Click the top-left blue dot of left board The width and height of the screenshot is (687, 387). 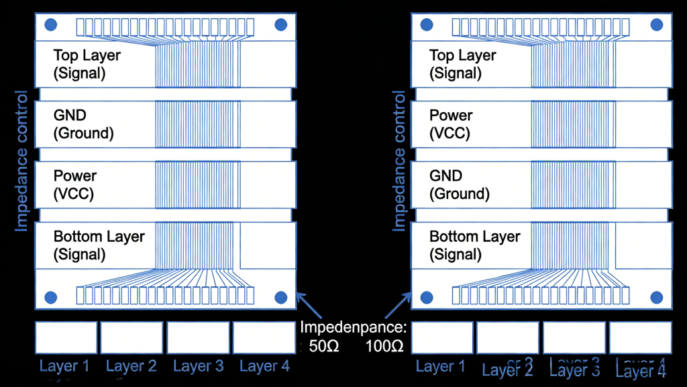[x=50, y=26]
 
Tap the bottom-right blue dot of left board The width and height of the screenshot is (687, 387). [x=281, y=297]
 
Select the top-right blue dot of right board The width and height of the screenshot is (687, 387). [x=657, y=26]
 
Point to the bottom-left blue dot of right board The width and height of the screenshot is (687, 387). [x=426, y=297]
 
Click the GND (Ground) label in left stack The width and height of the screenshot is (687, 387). [x=83, y=124]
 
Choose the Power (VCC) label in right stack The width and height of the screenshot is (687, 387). [x=451, y=124]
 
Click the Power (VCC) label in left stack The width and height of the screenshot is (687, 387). [x=74, y=185]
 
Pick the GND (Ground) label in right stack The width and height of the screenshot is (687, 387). [x=459, y=185]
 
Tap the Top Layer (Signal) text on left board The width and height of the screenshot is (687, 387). [x=87, y=64]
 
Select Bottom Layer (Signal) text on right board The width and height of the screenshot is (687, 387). [x=474, y=245]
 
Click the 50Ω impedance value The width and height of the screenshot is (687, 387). [x=325, y=347]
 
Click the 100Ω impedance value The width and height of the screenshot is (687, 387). [x=384, y=347]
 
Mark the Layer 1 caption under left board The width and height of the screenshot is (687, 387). [x=64, y=366]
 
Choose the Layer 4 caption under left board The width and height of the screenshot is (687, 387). [x=264, y=366]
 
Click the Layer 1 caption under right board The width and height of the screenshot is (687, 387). [x=440, y=366]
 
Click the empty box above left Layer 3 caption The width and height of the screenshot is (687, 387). [x=197, y=337]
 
